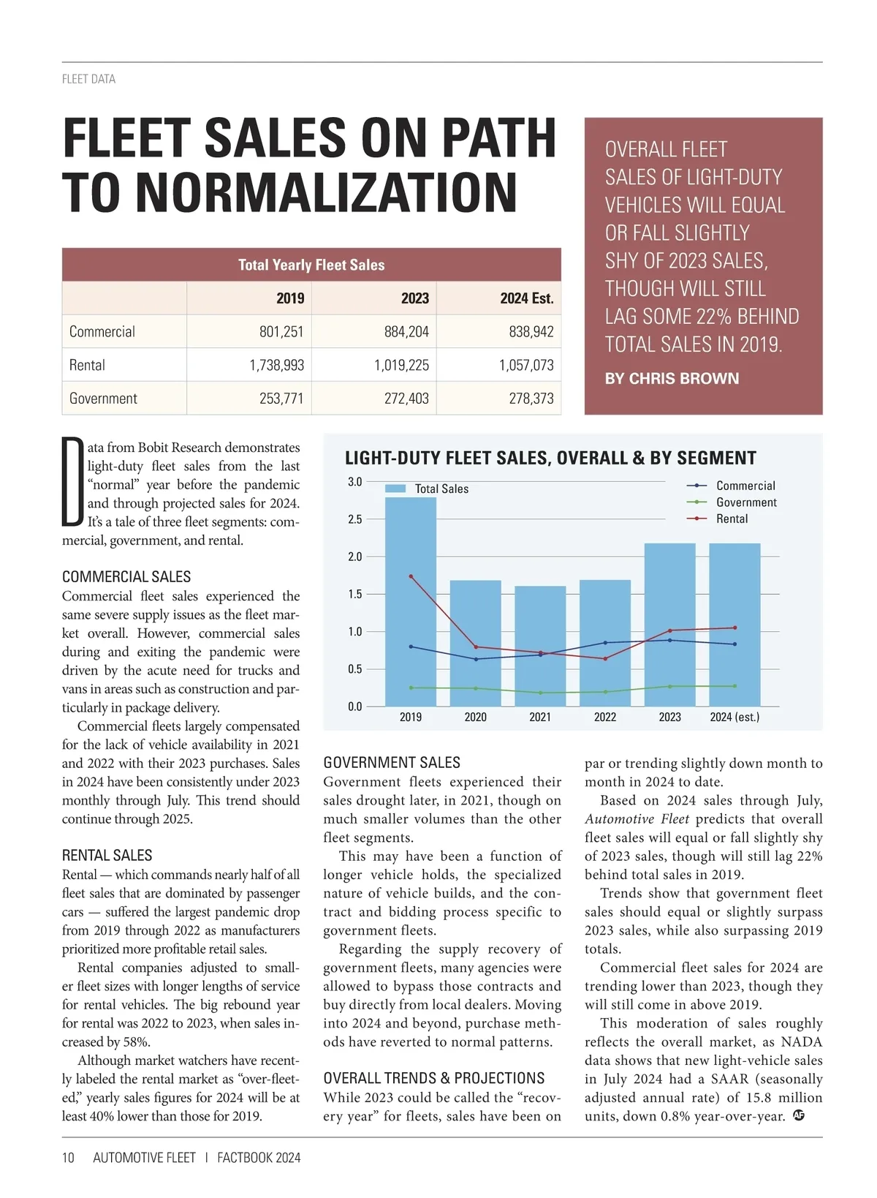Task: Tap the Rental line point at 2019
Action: [411, 576]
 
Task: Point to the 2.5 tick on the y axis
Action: [354, 519]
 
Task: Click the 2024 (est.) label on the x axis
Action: [734, 717]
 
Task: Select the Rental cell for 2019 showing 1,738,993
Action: [276, 365]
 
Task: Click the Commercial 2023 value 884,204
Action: [406, 331]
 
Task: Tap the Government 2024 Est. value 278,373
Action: [531, 399]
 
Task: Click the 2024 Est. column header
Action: [526, 298]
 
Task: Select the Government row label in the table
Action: [103, 399]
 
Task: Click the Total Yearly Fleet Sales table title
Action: [311, 265]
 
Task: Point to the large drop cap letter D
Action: [72, 482]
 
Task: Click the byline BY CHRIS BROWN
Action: [672, 379]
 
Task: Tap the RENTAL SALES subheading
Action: [107, 856]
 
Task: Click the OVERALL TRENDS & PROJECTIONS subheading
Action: [434, 1078]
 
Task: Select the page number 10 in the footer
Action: [68, 1158]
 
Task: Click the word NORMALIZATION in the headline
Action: [326, 192]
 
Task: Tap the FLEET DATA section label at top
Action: [88, 79]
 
